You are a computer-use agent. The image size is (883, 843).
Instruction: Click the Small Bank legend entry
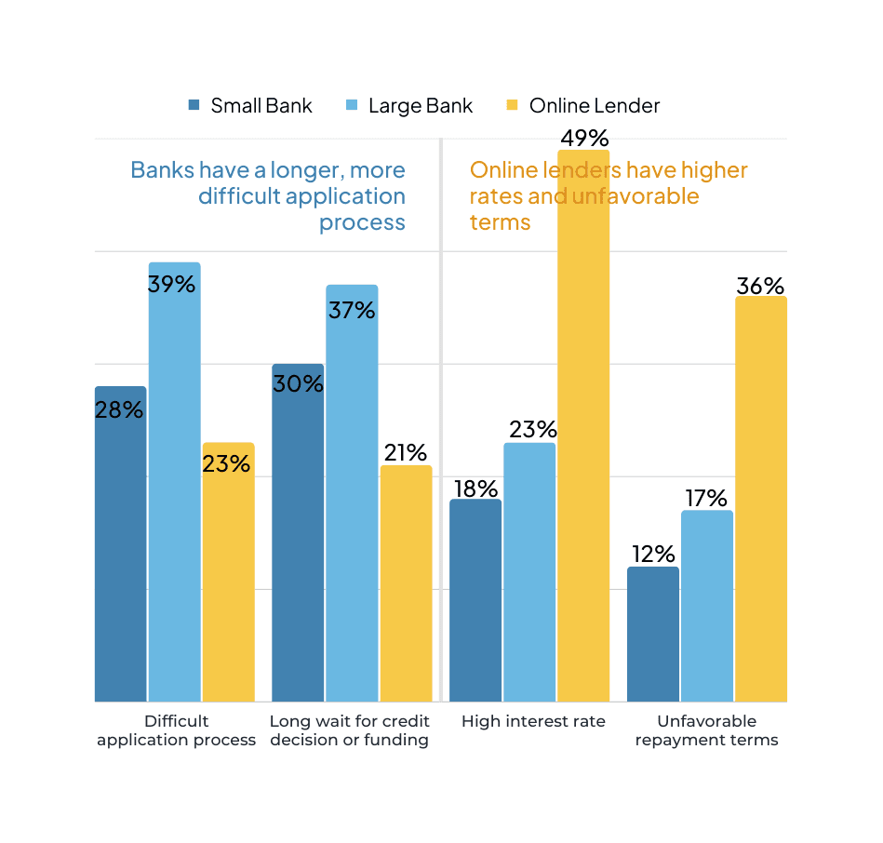249,106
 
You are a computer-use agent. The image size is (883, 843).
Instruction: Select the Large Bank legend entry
408,106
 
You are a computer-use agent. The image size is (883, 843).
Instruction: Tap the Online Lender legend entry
582,106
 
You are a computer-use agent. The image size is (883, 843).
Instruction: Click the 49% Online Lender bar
583,428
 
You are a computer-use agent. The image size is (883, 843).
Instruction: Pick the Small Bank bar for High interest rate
475,600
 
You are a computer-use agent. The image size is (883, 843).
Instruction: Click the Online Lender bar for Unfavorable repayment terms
760,502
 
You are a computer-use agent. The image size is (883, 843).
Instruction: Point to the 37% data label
351,310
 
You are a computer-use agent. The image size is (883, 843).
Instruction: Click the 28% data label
119,409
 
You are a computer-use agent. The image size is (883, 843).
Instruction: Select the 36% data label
760,287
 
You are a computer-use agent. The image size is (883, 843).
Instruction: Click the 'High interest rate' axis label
533,721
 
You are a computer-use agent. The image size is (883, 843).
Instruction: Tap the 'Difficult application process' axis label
176,730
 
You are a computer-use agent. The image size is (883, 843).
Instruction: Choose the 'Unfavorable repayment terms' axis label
706,730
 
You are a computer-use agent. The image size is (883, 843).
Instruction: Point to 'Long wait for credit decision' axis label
349,730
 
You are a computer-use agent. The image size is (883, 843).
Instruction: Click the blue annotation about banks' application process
279,196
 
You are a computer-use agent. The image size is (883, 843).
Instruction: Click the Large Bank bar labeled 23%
529,572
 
